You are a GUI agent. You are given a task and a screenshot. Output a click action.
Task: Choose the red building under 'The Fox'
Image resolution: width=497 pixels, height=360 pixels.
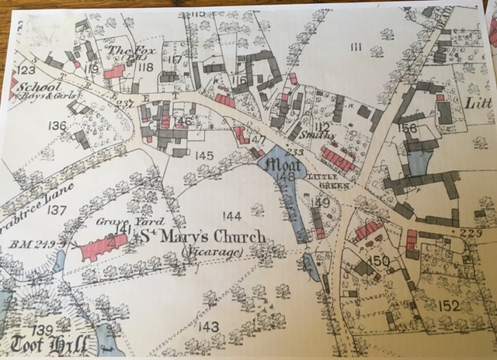pyautogui.click(x=114, y=71)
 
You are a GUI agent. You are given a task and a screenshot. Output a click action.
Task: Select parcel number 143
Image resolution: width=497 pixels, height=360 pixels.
pyautogui.click(x=208, y=327)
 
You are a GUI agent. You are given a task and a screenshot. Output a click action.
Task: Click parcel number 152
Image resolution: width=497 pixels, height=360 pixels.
pyautogui.click(x=449, y=305)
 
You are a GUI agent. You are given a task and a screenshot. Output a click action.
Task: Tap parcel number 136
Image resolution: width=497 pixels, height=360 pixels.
pyautogui.click(x=57, y=126)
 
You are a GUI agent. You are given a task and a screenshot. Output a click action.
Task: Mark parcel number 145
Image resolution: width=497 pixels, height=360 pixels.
pyautogui.click(x=203, y=156)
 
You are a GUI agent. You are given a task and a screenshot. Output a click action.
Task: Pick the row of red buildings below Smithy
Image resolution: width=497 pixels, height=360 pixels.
pyautogui.click(x=338, y=159)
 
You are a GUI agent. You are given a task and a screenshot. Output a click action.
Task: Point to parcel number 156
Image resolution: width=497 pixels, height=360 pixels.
pyautogui.click(x=408, y=128)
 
